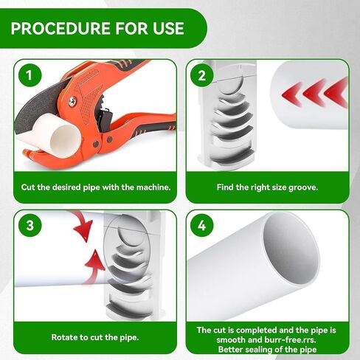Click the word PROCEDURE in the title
pos(60,28)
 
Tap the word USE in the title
pos(168,28)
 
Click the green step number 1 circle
pos(30,75)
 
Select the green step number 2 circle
pos(202,75)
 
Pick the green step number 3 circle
pos(30,225)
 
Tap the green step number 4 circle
pos(202,225)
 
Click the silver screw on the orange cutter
pos(72,101)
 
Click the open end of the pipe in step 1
pos(66,141)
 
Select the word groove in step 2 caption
pos(303,187)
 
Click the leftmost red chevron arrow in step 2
pos(292,94)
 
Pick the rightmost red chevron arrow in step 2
pos(336,92)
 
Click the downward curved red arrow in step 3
pos(83,226)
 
